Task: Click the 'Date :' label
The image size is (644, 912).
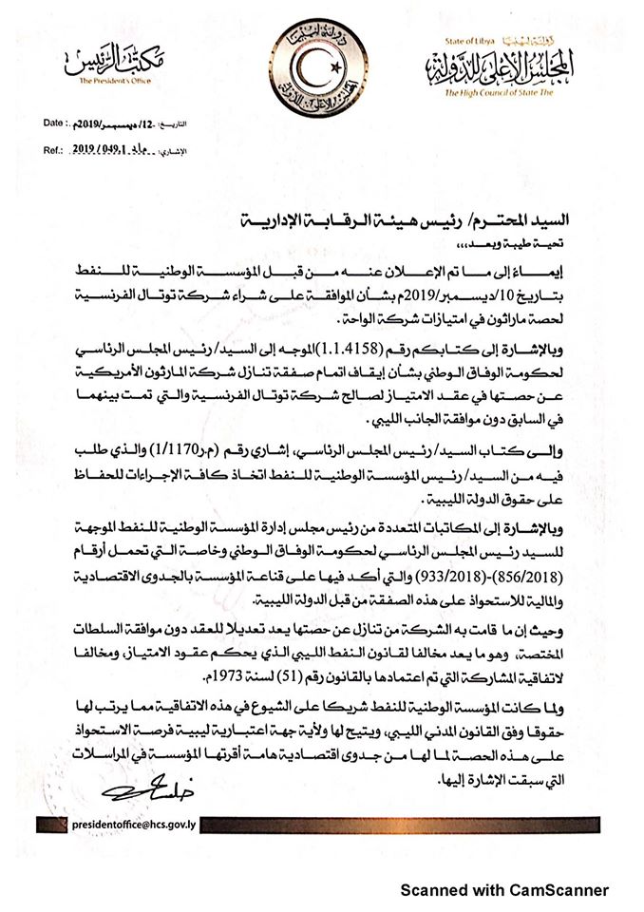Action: (55, 124)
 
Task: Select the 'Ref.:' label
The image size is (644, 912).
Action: (54, 150)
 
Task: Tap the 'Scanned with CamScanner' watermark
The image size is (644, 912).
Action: (503, 890)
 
